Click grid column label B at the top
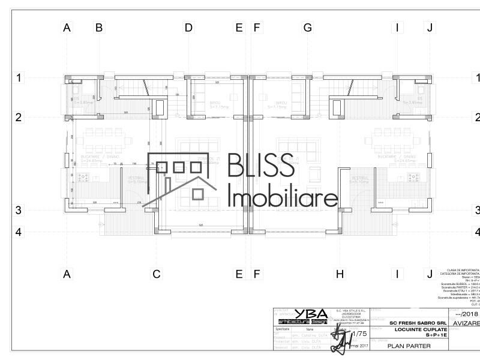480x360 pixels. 99,27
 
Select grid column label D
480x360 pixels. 188,27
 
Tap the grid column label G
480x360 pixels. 308,27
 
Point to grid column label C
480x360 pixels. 156,274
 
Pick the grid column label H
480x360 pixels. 340,274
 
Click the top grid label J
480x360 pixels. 429,27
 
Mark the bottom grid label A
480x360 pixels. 67,274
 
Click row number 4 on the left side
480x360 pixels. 19,232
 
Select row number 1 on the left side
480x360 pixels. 19,77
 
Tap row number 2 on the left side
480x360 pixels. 19,117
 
